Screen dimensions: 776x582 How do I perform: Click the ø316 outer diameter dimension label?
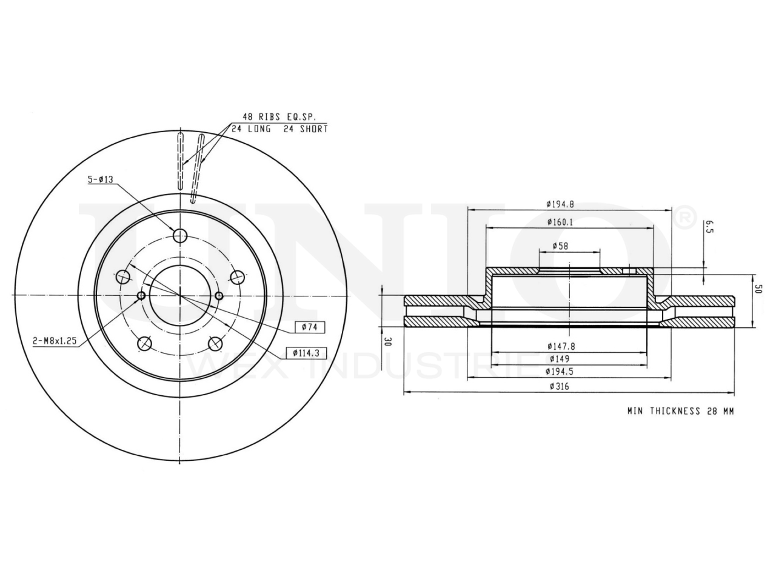pos(560,386)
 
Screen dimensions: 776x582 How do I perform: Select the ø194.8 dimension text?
pos(560,204)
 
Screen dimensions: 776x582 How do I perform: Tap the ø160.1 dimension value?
pos(560,222)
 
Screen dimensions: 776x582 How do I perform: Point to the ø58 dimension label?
pos(560,246)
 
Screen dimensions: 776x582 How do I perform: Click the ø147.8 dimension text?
pos(561,346)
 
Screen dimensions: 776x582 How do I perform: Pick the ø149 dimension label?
pos(560,359)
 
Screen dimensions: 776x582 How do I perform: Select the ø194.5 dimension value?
pos(560,372)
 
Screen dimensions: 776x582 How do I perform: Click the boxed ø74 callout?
pos(310,327)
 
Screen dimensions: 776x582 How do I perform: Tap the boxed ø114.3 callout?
pos(306,353)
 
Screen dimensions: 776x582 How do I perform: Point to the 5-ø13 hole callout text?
pos(101,179)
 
